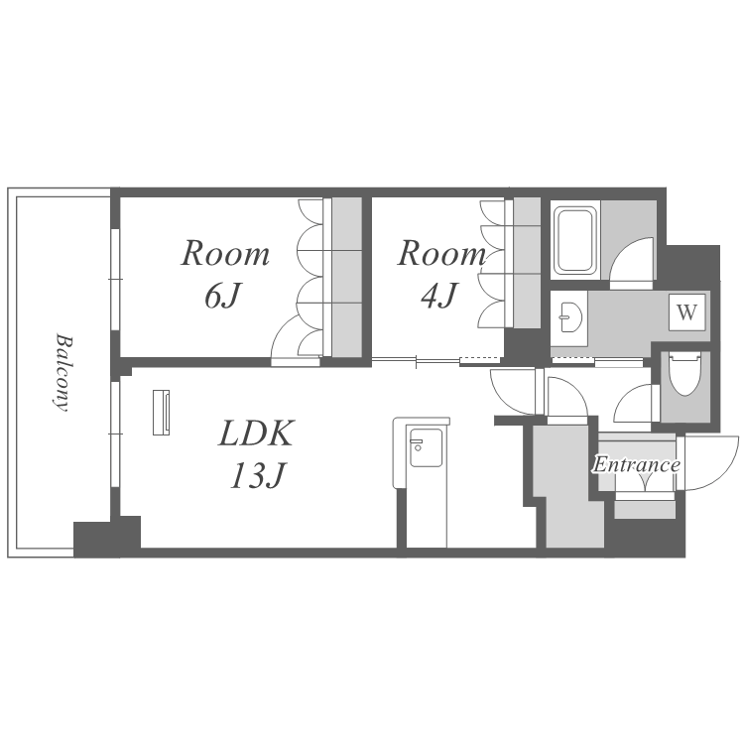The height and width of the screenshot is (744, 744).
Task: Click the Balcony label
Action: click(62, 372)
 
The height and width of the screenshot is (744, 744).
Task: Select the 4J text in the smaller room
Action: click(438, 296)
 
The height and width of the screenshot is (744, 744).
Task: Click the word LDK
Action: click(256, 433)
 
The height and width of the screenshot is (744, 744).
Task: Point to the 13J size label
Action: click(258, 475)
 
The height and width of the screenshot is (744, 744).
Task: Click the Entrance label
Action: click(636, 465)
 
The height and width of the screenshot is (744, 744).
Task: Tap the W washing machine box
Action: click(687, 312)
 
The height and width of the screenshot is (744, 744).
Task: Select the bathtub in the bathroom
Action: click(575, 241)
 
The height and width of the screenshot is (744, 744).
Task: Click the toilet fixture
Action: click(685, 374)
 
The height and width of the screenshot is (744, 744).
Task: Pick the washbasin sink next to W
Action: click(569, 317)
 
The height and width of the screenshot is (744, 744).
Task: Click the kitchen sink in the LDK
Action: click(426, 448)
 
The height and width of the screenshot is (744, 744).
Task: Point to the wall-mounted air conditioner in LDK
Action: click(162, 413)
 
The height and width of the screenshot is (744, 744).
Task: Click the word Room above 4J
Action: click(441, 254)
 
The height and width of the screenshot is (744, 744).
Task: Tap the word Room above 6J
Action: click(225, 254)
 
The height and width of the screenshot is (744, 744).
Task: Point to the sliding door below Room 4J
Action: click(437, 362)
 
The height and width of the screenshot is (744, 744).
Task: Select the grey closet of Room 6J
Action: click(347, 277)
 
